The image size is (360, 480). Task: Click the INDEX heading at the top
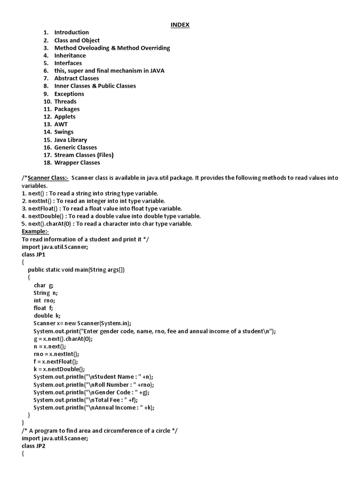click(180, 25)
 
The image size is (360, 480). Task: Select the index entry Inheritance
click(70, 55)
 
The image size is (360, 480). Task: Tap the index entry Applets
click(65, 117)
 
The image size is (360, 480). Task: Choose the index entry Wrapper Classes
click(77, 163)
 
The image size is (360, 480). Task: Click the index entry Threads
click(65, 101)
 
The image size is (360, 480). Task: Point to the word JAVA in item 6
click(156, 71)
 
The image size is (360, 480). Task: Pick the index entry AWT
click(61, 124)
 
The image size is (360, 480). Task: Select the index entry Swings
click(64, 132)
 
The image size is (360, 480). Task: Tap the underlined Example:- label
click(35, 232)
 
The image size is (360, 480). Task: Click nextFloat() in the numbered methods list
click(42, 209)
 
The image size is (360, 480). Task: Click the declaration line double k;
click(47, 315)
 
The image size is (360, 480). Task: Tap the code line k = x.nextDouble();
click(59, 369)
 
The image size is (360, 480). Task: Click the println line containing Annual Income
click(94, 407)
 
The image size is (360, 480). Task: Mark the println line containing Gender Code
click(92, 392)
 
